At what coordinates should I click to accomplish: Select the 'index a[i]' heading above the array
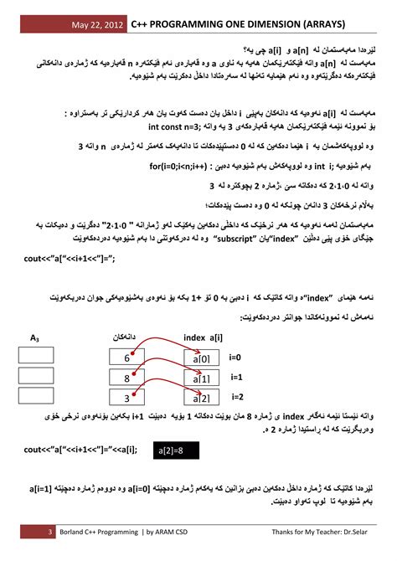pos(203,337)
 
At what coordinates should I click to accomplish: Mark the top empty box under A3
pos(35,355)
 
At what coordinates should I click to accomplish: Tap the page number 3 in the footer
pos(50,533)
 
